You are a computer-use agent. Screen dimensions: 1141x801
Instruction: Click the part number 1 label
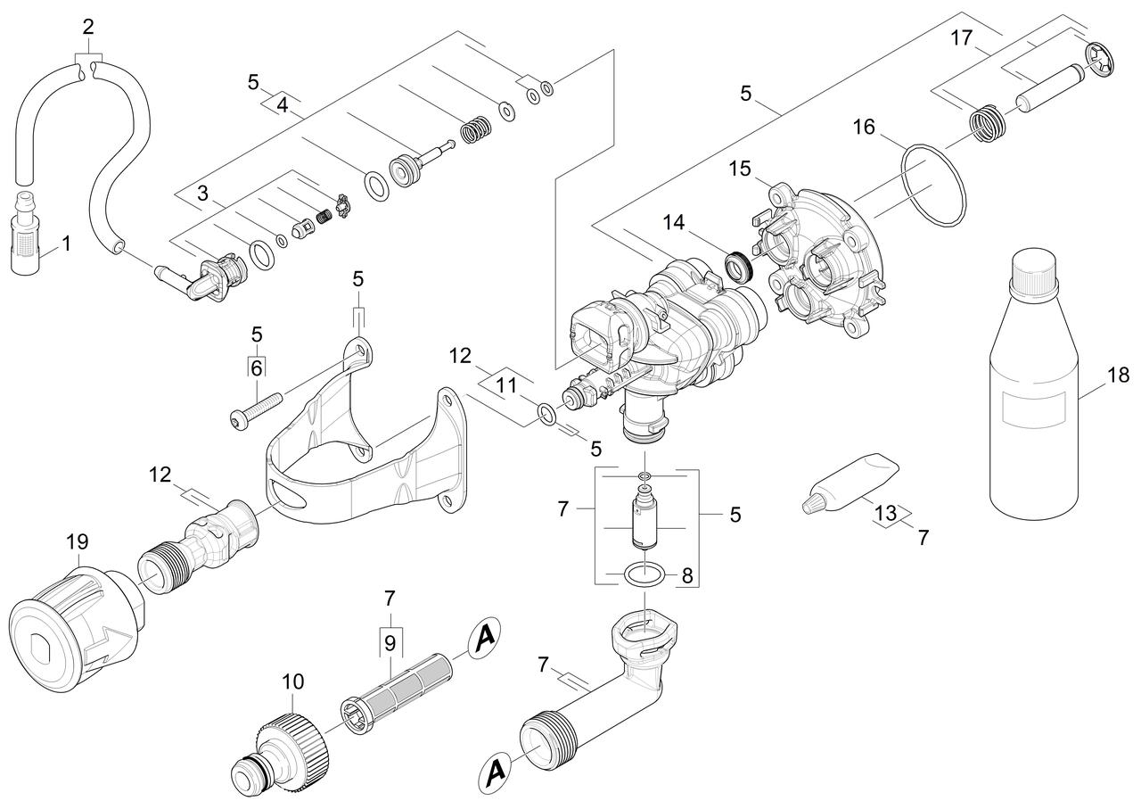click(x=66, y=244)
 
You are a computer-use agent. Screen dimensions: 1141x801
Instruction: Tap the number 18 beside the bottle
click(x=1118, y=376)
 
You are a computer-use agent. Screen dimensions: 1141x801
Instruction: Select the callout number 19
click(x=78, y=542)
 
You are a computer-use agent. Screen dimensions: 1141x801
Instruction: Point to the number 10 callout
click(x=293, y=681)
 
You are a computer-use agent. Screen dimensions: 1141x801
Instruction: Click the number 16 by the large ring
click(x=864, y=128)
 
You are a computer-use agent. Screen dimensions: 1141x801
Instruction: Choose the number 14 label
click(x=673, y=222)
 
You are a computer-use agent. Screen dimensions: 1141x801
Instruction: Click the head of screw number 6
click(x=238, y=419)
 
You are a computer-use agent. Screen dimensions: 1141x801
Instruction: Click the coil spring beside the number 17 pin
click(x=988, y=124)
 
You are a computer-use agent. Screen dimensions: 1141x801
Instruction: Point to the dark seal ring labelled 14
click(x=739, y=268)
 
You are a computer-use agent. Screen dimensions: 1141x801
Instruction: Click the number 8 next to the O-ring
click(x=687, y=576)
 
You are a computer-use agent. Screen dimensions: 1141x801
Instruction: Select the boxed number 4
click(x=283, y=105)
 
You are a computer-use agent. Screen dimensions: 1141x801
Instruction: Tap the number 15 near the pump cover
click(x=740, y=169)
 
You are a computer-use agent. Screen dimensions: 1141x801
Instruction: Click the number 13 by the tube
click(x=885, y=513)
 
